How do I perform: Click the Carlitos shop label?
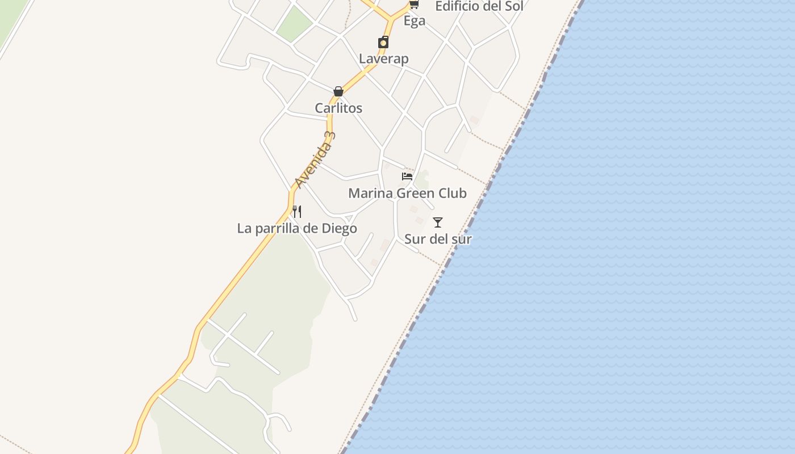coord(338,108)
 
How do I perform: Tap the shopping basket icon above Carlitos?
coord(338,91)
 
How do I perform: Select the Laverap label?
coord(383,59)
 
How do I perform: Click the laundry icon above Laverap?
coord(383,43)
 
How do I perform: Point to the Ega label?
coord(414,22)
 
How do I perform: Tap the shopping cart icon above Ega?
coord(414,5)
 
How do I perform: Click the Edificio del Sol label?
coord(479,7)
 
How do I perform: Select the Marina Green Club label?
coord(407,194)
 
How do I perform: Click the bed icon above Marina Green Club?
coord(407,176)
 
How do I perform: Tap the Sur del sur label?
coord(438,239)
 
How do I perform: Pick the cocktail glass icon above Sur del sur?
coord(438,222)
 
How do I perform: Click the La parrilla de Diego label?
coord(297,229)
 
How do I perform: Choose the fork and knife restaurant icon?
coord(297,212)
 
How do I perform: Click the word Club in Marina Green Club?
coord(451,194)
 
